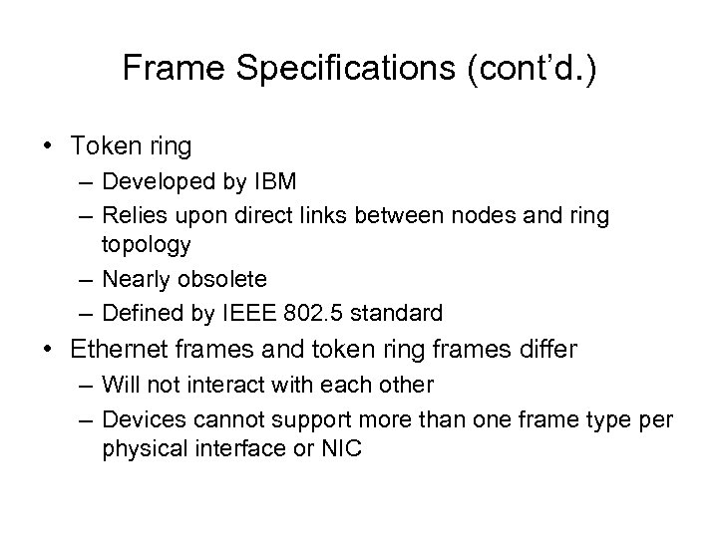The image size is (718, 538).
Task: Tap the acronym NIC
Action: pos(341,449)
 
